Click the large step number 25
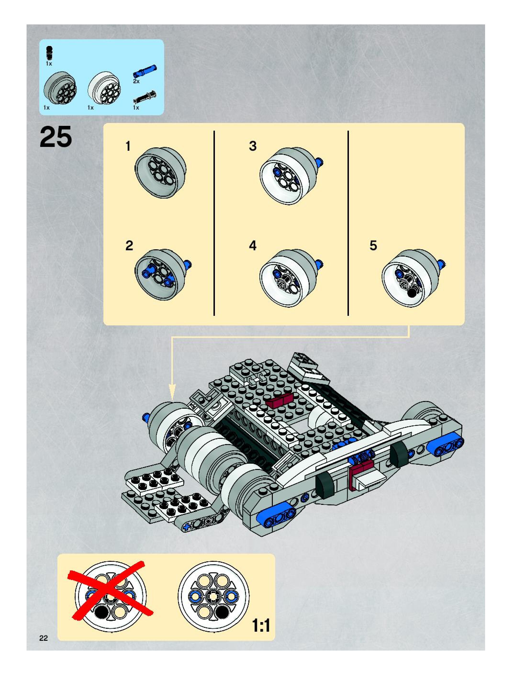(56, 137)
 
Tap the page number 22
(43, 638)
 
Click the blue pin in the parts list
(145, 71)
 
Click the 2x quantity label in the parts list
(136, 81)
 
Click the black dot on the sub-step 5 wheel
(411, 293)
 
